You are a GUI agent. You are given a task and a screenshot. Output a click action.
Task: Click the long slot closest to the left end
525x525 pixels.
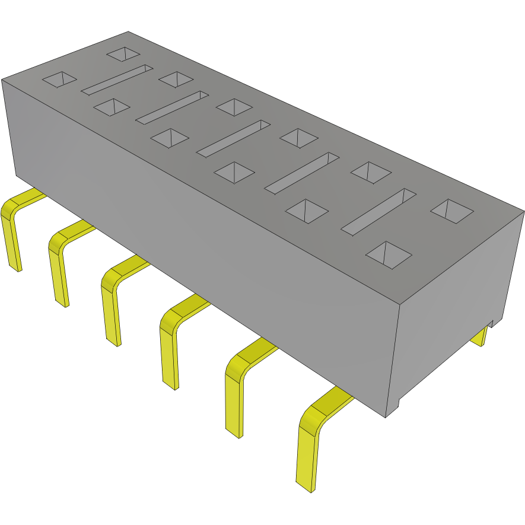coord(117,79)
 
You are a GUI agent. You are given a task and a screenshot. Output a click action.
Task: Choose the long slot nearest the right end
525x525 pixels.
coord(378,210)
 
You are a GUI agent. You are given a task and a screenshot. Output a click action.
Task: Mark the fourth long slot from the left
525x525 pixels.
coord(301,172)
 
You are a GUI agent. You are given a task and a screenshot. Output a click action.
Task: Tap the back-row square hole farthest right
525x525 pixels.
coord(452,211)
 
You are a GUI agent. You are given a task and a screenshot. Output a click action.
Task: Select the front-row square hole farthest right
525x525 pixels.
coord(389,254)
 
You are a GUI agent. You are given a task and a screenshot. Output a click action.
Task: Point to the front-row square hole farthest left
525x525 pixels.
coord(60,79)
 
